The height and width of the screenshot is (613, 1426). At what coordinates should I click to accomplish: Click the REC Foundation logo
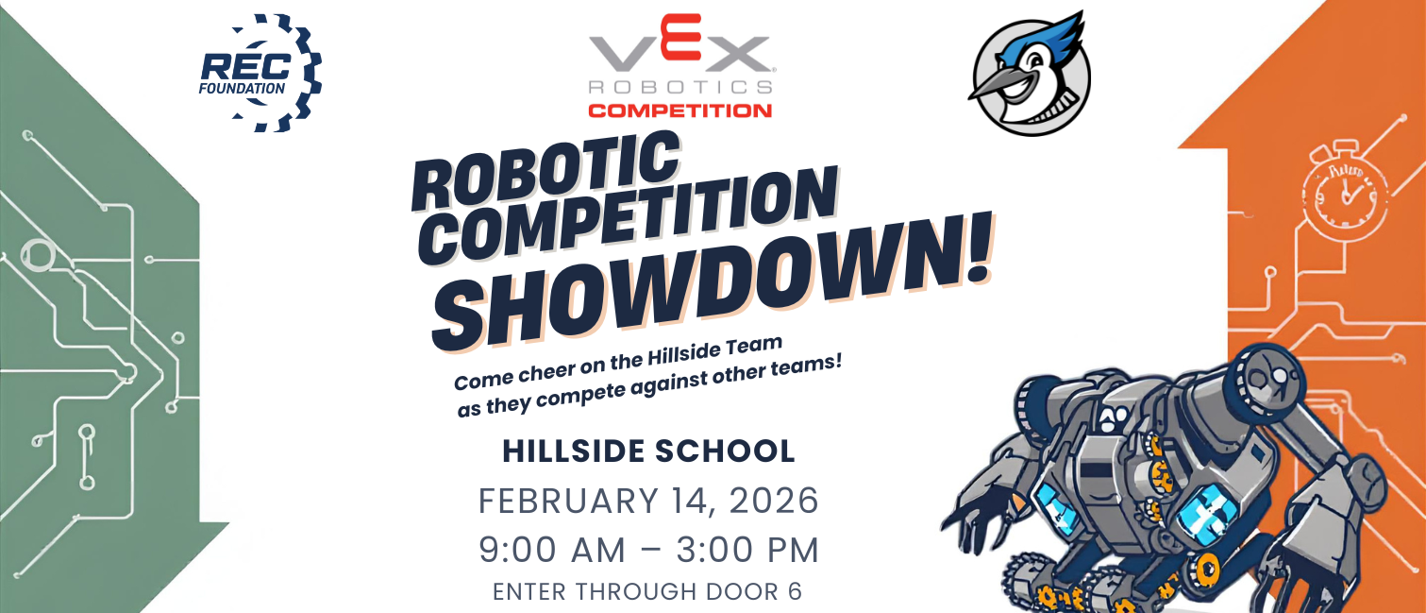[260, 74]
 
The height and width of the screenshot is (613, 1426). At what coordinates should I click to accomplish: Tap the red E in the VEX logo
[679, 37]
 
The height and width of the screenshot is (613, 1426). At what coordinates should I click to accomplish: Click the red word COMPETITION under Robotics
[679, 111]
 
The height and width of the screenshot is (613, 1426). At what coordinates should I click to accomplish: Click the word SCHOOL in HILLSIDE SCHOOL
[725, 451]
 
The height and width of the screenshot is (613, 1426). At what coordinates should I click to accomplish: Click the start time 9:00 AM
[552, 550]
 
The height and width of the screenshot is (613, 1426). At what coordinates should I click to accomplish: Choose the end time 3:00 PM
[747, 550]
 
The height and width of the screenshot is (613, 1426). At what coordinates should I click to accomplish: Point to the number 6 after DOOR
[795, 592]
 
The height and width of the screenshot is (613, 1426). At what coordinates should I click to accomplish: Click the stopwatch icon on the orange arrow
[1345, 191]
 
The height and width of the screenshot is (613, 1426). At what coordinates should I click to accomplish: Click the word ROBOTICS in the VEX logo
[679, 87]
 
